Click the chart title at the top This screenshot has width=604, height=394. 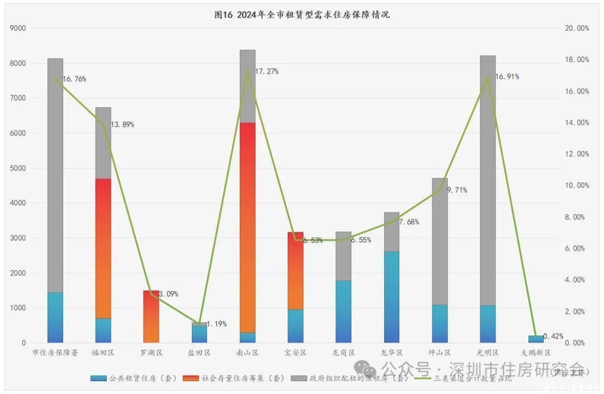click(x=302, y=15)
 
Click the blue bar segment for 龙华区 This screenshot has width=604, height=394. click(x=391, y=296)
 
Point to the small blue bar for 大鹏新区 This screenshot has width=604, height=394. click(x=536, y=339)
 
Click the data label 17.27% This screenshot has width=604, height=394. click(x=267, y=72)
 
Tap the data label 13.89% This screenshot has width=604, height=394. click(x=122, y=124)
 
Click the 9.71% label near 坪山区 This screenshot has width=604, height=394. click(x=456, y=190)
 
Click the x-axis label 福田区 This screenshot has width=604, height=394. click(x=103, y=353)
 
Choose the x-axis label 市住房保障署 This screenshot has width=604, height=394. click(x=55, y=353)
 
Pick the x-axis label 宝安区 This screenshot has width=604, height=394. click(x=295, y=353)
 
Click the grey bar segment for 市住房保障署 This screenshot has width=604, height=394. click(x=55, y=173)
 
